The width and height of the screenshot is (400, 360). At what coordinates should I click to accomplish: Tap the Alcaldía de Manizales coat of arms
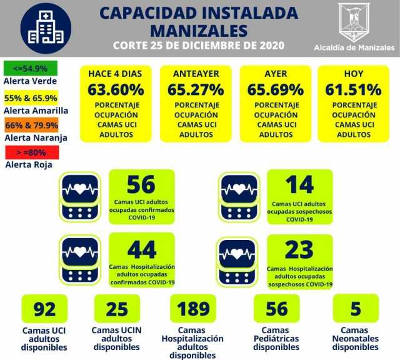point(353,22)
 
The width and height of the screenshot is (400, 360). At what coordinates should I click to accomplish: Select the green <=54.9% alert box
point(31,67)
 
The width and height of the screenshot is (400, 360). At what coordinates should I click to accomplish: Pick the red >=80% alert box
point(31,152)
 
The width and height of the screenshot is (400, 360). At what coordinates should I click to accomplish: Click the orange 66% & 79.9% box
point(31,124)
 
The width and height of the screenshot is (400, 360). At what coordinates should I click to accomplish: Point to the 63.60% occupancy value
point(115,89)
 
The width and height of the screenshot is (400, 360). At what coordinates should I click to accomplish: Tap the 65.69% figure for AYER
point(275,89)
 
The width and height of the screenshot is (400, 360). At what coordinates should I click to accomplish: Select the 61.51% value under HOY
point(353,89)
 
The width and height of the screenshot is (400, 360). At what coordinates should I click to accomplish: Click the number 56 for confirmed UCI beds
point(141,184)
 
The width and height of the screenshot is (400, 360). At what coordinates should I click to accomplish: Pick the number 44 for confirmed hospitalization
point(141,249)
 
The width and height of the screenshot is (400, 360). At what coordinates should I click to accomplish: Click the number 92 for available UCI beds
point(44,309)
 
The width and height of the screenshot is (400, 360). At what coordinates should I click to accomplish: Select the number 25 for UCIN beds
point(116,309)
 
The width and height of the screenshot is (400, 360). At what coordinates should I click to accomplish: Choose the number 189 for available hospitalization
point(192,309)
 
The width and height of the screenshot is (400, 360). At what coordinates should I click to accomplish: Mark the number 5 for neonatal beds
point(355,309)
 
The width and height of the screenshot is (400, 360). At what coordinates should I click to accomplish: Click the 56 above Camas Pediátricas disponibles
point(276,309)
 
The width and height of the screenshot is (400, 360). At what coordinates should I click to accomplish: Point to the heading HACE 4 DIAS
point(115,73)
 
